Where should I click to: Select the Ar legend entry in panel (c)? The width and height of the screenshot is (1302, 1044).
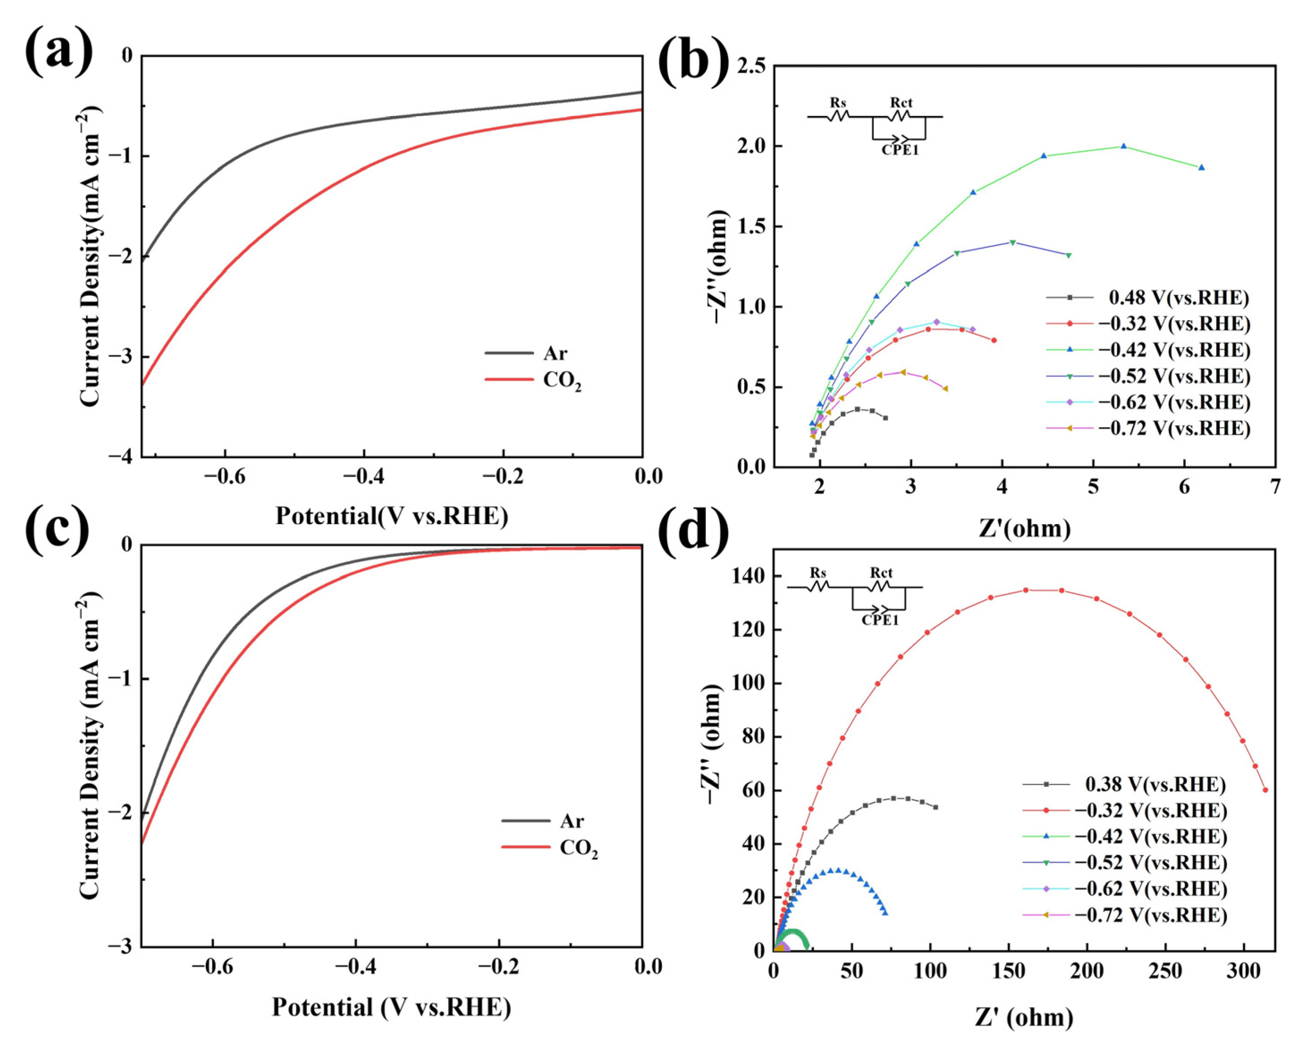(571, 821)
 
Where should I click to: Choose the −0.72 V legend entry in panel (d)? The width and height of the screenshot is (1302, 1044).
(1151, 915)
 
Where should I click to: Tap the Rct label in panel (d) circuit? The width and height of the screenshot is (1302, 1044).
(881, 572)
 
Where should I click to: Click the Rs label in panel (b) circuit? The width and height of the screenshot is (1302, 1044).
(838, 103)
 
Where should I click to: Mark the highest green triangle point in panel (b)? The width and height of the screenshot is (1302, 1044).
(1123, 146)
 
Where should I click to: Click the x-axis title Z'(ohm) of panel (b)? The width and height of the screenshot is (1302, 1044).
(1024, 528)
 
